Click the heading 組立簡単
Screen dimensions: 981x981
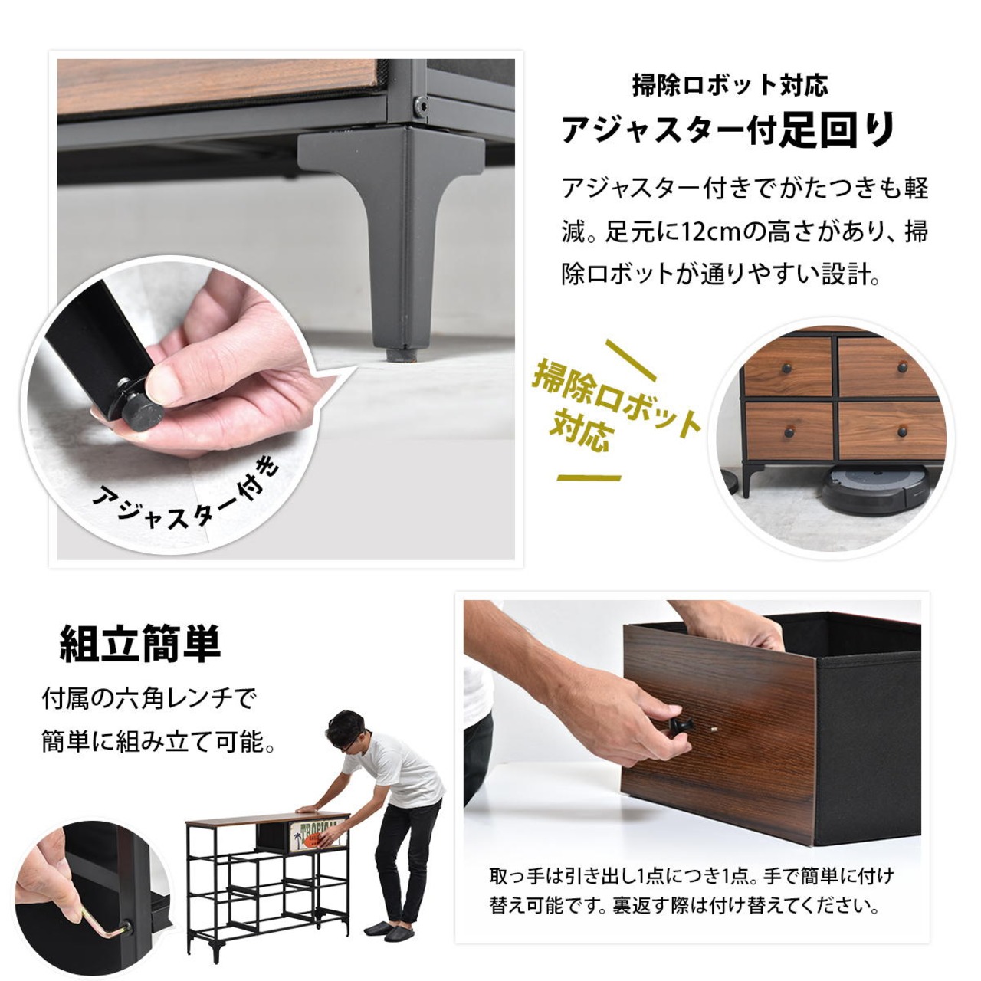[x=140, y=644]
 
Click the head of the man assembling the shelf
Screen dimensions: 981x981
[x=348, y=734]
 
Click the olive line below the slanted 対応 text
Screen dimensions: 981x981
[x=589, y=477]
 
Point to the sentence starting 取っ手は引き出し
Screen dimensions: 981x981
[x=692, y=891]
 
